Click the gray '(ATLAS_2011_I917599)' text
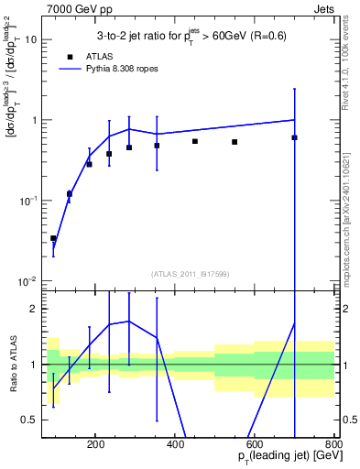click(x=189, y=274)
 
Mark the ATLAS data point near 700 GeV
click(x=294, y=137)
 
